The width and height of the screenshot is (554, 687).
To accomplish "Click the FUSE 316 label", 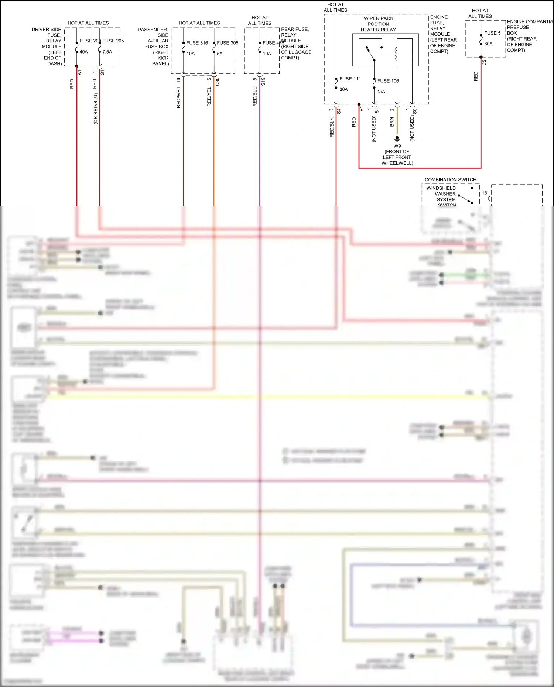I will coord(197,43).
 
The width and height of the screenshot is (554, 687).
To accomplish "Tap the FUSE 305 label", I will coord(228,43).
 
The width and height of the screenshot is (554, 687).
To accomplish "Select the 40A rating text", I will coord(84,52).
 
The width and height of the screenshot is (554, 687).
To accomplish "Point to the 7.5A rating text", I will coord(107,52).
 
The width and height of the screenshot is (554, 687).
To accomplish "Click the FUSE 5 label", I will coord(492,33).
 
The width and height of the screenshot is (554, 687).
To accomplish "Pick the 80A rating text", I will coord(488,44).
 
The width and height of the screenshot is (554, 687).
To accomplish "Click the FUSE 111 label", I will coord(350,79).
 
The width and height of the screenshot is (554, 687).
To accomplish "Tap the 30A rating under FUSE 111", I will coord(343,89).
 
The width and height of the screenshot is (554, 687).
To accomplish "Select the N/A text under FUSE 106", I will coord(381,92).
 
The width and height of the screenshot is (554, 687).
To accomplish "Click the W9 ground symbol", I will coord(397,139).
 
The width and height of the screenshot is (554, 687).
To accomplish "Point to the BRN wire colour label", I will coord(392,122).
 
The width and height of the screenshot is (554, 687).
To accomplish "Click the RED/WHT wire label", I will coord(178,97).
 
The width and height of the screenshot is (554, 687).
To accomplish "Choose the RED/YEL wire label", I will coord(209,97).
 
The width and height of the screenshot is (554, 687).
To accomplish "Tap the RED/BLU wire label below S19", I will coord(255,97).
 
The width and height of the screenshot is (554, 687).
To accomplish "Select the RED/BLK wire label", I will coord(331,127).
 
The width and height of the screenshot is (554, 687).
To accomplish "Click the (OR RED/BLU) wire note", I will coord(95,109).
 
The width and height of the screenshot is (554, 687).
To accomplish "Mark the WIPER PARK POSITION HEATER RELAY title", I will coord(378,24).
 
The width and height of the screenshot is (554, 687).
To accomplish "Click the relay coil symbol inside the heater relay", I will coord(397,54).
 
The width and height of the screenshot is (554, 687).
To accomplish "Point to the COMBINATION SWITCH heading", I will coord(450,180).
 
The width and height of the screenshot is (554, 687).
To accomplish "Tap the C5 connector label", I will coord(484,63).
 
